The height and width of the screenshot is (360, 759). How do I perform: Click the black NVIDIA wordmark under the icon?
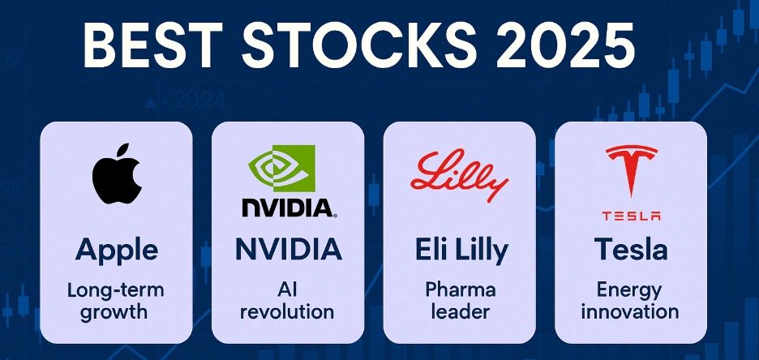(x=288, y=207)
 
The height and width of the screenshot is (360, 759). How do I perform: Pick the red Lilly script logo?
(x=459, y=176)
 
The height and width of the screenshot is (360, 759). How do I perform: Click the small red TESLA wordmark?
(x=631, y=216)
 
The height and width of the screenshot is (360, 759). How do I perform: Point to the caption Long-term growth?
(x=116, y=300)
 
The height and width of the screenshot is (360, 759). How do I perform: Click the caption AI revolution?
(x=288, y=300)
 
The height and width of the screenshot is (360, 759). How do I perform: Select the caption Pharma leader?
(x=459, y=300)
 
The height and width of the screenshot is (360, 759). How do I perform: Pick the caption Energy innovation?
(x=631, y=300)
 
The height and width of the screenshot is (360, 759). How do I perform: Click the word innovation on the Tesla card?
(x=631, y=311)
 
